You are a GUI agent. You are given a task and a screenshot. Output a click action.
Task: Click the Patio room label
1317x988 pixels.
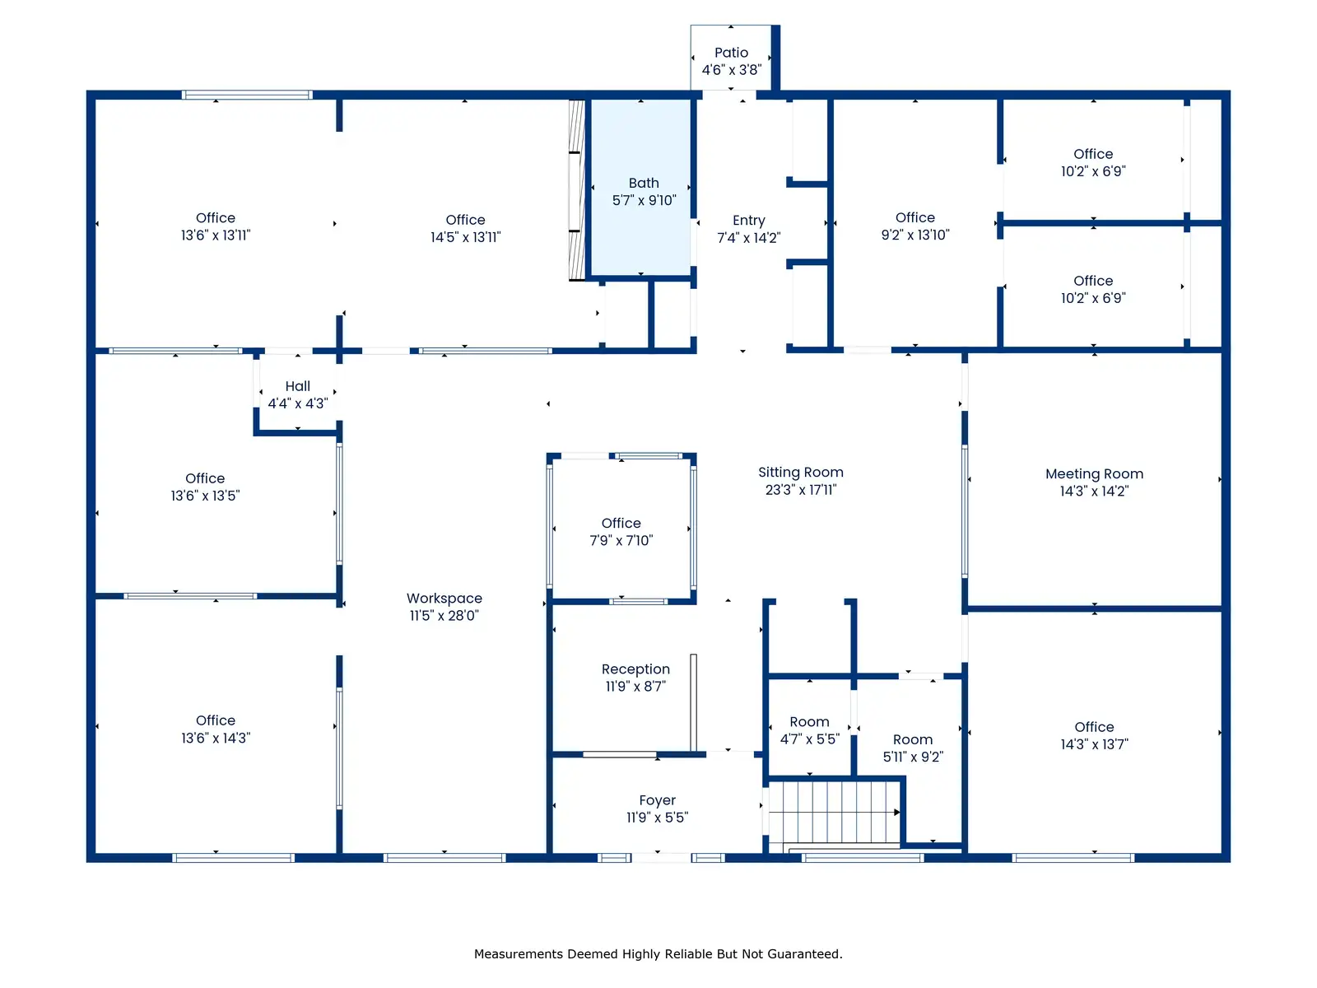pyautogui.click(x=732, y=53)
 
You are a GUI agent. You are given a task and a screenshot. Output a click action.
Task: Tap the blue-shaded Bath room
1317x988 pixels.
pyautogui.click(x=640, y=187)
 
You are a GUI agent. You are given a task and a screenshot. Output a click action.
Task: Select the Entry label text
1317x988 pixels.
pyautogui.click(x=749, y=221)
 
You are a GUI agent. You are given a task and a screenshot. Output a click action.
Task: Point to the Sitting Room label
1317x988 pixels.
pyautogui.click(x=800, y=473)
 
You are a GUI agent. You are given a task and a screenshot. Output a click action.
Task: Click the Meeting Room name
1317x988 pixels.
pyautogui.click(x=1094, y=474)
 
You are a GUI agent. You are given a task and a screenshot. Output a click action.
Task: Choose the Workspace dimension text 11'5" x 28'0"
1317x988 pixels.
pyautogui.click(x=444, y=616)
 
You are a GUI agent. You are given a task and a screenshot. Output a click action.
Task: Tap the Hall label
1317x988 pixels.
pyautogui.click(x=298, y=386)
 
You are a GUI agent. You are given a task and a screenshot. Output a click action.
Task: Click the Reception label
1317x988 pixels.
pyautogui.click(x=635, y=669)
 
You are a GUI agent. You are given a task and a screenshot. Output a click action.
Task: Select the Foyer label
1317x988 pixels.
pyautogui.click(x=657, y=801)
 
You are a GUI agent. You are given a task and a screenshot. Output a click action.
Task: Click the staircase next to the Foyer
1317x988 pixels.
pyautogui.click(x=834, y=813)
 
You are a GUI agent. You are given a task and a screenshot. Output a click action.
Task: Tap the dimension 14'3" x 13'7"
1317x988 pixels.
pyautogui.click(x=1094, y=744)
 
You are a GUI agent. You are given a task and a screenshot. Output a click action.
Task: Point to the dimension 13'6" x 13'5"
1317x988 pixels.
pyautogui.click(x=205, y=496)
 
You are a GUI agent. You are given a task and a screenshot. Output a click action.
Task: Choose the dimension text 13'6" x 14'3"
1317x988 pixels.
pyautogui.click(x=216, y=738)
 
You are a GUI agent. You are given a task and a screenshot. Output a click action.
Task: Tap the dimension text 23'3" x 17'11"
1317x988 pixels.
pyautogui.click(x=800, y=490)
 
